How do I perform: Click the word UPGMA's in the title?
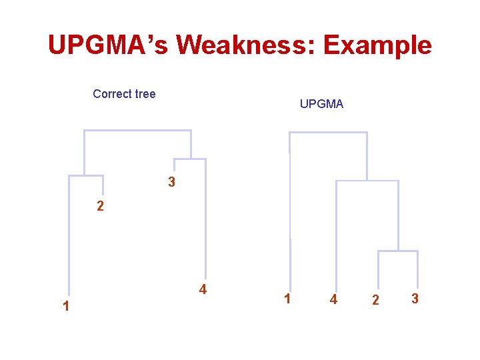pos(108,45)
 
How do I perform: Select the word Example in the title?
pos(377,45)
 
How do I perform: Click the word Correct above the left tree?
pos(113,94)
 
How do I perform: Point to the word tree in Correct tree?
pos(145,94)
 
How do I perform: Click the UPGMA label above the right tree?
pos(321,104)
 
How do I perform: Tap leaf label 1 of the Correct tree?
pos(65,307)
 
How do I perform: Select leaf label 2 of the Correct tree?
pos(100,207)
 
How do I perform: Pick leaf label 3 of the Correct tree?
pos(171,182)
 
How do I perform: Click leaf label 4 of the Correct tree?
pos(203,289)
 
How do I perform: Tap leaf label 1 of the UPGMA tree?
pos(287,299)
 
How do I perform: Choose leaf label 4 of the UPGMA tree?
pos(333,300)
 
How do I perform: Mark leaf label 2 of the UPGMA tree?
pos(375,301)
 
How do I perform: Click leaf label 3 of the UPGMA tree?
pos(415,299)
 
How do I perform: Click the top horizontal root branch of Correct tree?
pos(137,131)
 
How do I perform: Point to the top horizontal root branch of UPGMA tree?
pos(328,133)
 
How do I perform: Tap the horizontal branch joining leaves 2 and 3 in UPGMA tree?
pos(398,251)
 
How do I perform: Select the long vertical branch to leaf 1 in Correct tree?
pos(69,233)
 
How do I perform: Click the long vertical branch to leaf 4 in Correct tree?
pos(205,220)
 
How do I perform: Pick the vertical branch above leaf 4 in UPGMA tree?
pos(337,233)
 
